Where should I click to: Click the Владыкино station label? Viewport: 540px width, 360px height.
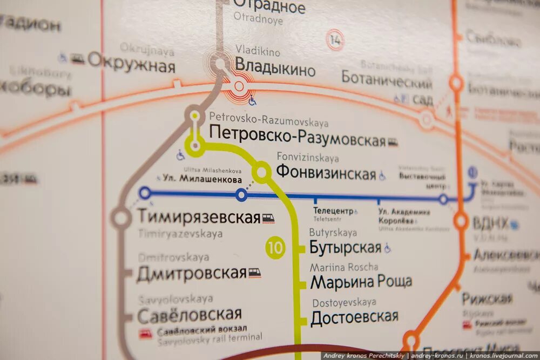pos(275,70)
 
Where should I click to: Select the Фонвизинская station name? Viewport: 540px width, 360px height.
pos(326,173)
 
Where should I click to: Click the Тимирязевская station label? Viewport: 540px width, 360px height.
pos(199,217)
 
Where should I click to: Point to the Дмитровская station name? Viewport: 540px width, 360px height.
pos(192,274)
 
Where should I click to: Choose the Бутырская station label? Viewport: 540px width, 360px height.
pos(346,248)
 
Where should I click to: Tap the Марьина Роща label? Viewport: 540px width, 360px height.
pos(361,281)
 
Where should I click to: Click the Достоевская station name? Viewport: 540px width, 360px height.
pos(354,317)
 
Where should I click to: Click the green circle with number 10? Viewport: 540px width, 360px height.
pos(275,248)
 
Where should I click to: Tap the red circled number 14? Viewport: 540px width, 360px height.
pos(335,40)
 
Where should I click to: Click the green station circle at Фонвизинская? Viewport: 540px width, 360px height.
pos(261,172)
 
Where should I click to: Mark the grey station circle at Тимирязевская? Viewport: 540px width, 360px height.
pos(120,219)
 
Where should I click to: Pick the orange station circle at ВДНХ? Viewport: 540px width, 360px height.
pos(461,220)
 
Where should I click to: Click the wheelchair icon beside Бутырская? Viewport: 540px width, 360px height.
pos(388,248)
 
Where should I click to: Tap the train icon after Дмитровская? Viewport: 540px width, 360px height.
pos(254,273)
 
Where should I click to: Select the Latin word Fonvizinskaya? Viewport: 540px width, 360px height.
pos(308,158)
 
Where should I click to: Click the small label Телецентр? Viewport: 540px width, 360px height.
pos(333,210)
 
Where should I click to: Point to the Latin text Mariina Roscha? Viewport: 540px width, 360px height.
pos(344,267)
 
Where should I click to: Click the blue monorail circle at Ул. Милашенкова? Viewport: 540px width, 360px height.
pos(241,195)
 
